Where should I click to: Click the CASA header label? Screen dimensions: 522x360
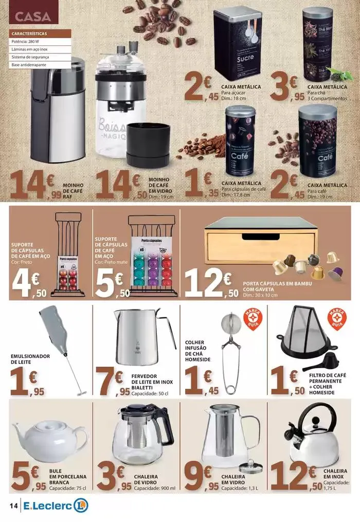[x=33, y=16]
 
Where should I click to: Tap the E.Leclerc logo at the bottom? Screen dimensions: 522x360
[x=55, y=506]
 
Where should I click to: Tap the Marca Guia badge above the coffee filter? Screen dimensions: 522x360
[x=337, y=319]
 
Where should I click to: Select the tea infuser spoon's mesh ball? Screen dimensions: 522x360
[x=228, y=323]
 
